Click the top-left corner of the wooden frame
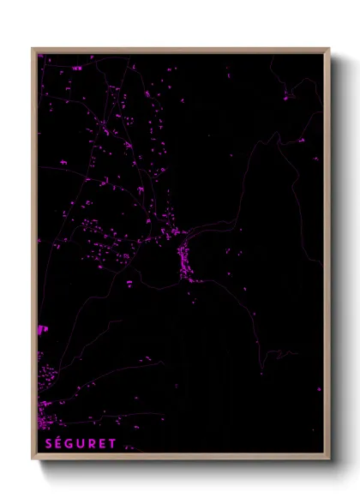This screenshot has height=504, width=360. pyautogui.click(x=33, y=49)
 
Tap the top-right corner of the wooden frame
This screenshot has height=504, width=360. pyautogui.click(x=328, y=49)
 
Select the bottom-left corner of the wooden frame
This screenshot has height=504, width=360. pyautogui.click(x=33, y=458)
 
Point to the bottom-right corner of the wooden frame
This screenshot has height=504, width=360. pyautogui.click(x=328, y=458)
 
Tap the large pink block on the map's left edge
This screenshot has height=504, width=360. pyautogui.click(x=41, y=328)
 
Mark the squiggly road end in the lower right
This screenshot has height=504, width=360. pyautogui.click(x=285, y=353)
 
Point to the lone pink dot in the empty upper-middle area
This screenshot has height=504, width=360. pyautogui.click(x=231, y=155)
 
